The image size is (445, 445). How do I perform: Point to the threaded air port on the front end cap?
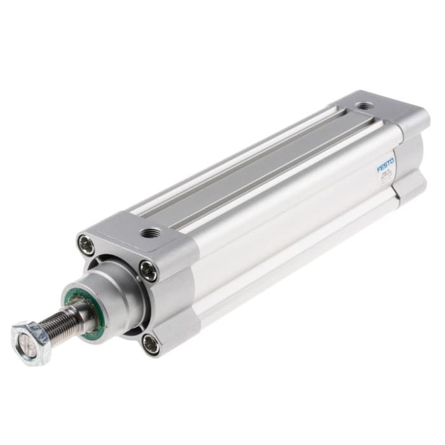151,233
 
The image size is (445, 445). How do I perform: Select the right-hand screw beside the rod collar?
148,271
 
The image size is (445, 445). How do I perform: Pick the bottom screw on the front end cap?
151,345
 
